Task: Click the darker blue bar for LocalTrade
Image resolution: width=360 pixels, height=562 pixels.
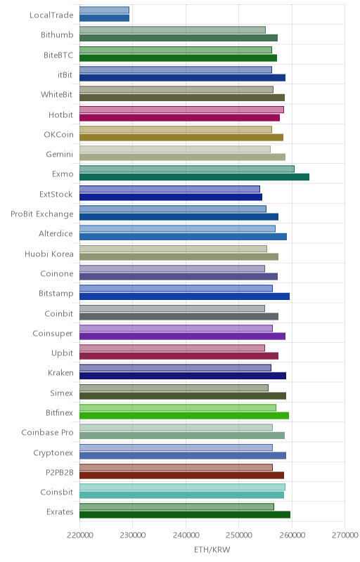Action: pos(104,18)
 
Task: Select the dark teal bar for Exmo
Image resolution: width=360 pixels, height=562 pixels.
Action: pos(194,177)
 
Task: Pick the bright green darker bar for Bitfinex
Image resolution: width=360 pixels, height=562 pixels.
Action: pos(184,416)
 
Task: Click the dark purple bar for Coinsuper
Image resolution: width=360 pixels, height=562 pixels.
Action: pos(183,336)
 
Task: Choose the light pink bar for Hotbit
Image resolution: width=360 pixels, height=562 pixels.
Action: pos(182,110)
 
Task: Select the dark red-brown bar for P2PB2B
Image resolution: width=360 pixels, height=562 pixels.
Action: pos(182,476)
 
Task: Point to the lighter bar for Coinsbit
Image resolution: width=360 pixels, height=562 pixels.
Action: pos(183,487)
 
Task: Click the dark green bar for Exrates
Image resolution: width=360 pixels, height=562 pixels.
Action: pos(185,515)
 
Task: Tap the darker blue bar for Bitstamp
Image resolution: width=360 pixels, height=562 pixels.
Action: pos(185,296)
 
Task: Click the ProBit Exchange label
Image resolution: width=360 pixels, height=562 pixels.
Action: pos(42,214)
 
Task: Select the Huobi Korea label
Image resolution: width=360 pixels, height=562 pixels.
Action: pos(49,254)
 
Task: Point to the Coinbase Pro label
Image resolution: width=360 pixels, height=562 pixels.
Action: pos(47,432)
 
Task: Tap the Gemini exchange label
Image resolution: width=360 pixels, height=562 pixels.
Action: pos(60,154)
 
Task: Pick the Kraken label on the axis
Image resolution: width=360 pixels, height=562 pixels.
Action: pos(60,373)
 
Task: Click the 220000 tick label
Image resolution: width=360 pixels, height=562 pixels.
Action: pos(79,535)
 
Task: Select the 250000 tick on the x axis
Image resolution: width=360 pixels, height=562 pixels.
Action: pos(239,535)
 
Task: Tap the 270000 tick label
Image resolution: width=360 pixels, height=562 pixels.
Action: pos(345,535)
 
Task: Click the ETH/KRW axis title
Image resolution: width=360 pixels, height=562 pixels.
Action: pos(212,549)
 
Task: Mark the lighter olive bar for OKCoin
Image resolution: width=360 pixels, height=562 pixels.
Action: pos(176,129)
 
